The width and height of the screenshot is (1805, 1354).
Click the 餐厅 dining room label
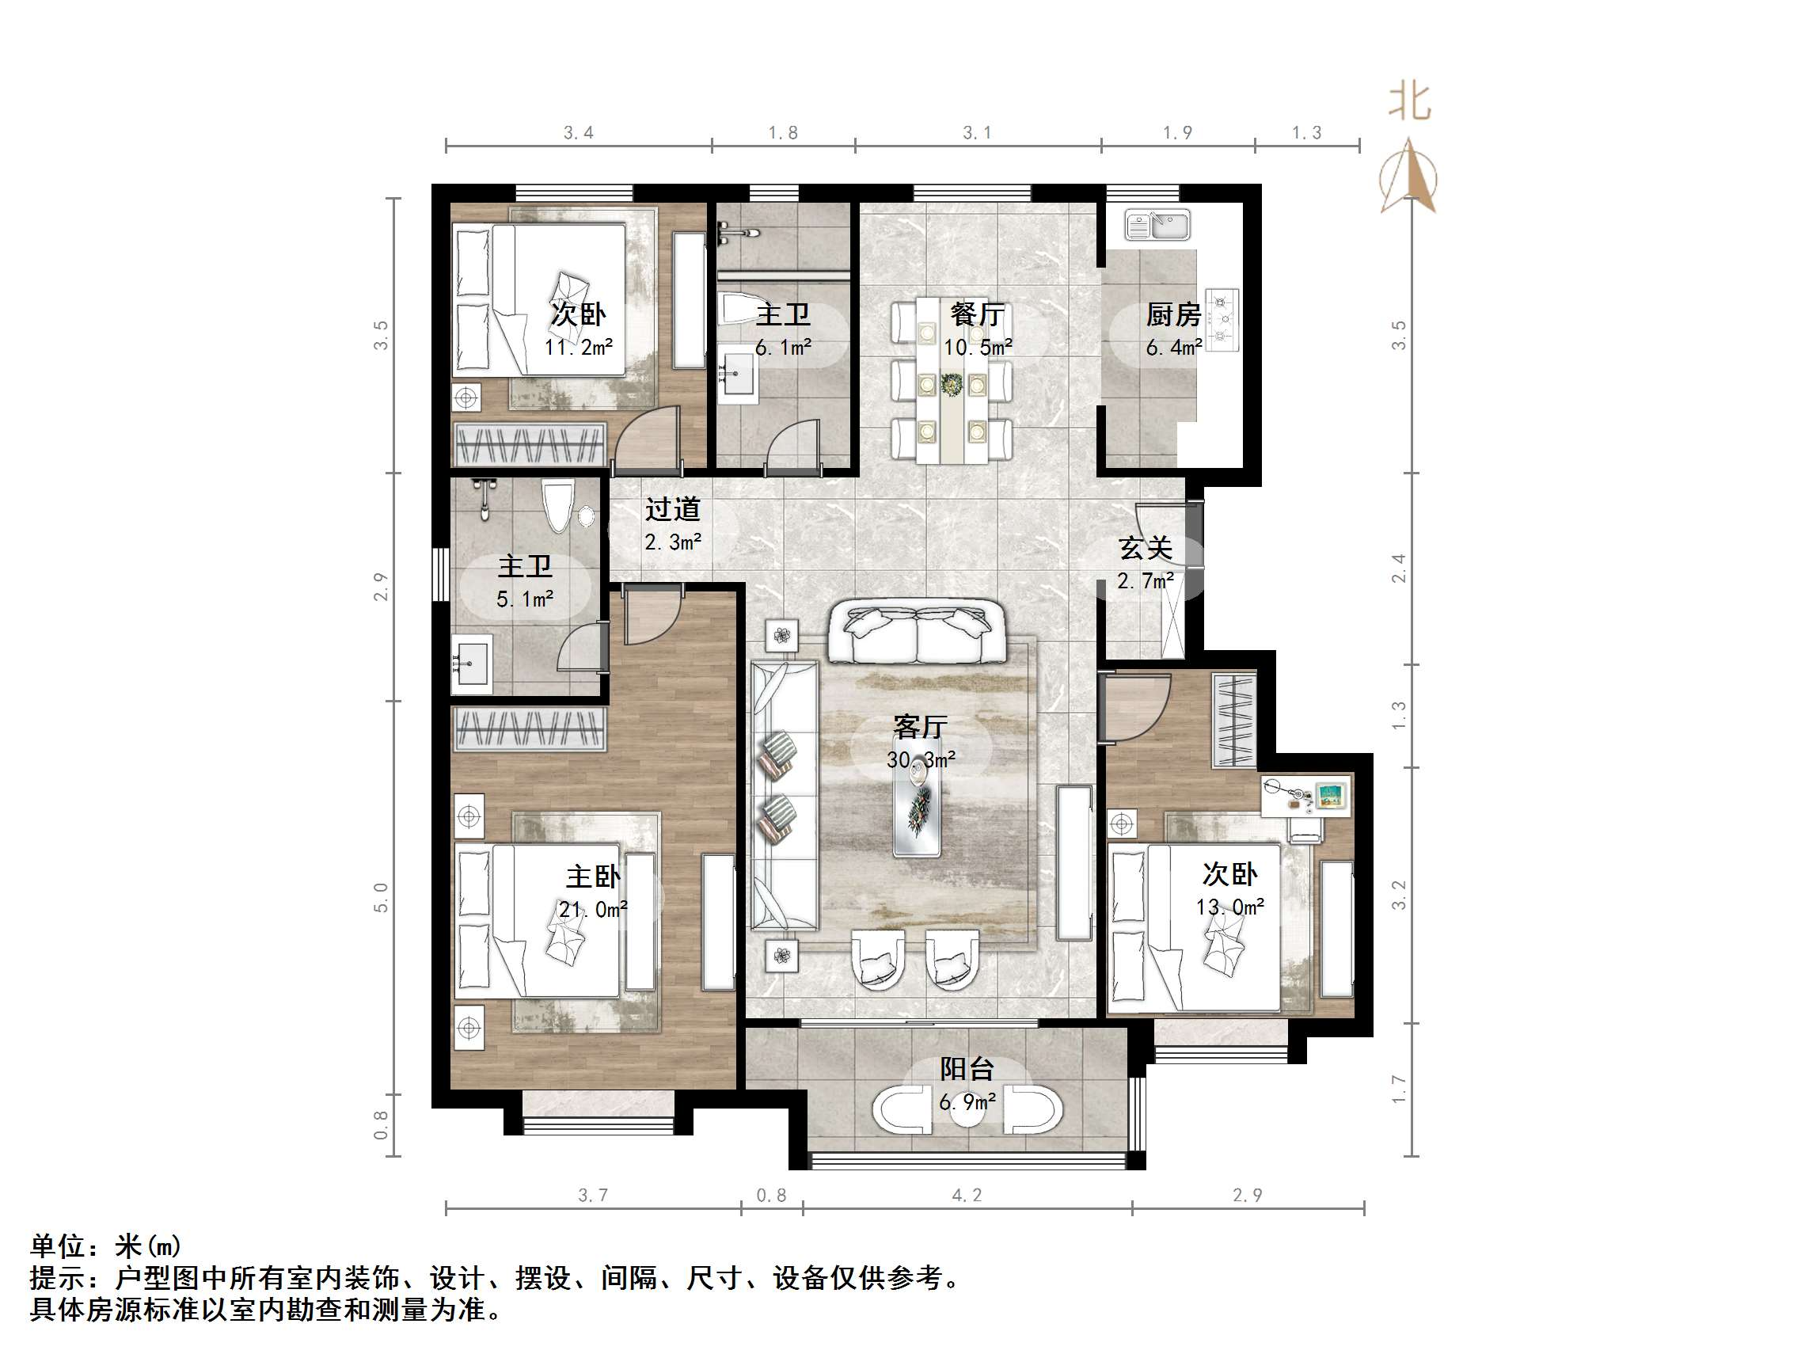tap(977, 314)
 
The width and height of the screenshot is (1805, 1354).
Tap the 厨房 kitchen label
tap(1172, 314)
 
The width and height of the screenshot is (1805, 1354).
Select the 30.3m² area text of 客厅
tap(921, 760)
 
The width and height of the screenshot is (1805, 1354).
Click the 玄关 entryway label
tap(1146, 548)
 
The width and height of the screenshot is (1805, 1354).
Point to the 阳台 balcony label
tap(967, 1068)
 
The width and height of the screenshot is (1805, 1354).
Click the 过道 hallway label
tap(673, 509)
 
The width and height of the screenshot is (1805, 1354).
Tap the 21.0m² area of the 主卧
tap(592, 909)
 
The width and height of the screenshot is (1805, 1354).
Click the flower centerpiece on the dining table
tap(952, 382)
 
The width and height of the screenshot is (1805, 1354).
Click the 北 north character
tap(1410, 103)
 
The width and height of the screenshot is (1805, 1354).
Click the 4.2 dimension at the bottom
tap(967, 1196)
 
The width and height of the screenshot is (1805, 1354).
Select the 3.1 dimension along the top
tap(977, 133)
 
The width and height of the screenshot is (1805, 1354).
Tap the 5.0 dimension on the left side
tap(381, 897)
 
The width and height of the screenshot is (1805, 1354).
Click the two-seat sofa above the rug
tap(918, 633)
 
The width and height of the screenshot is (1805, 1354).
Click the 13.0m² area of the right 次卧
tap(1229, 907)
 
